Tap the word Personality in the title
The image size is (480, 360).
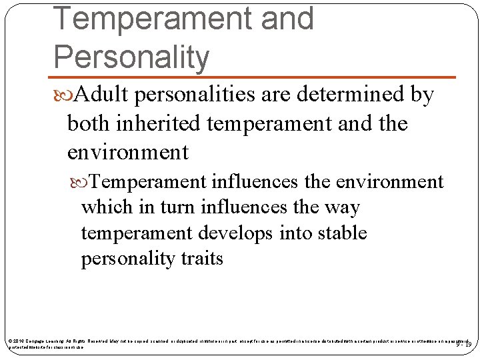(131, 57)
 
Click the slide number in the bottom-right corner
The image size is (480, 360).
(463, 344)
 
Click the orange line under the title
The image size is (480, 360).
(253, 77)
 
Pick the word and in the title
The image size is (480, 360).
(287, 19)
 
